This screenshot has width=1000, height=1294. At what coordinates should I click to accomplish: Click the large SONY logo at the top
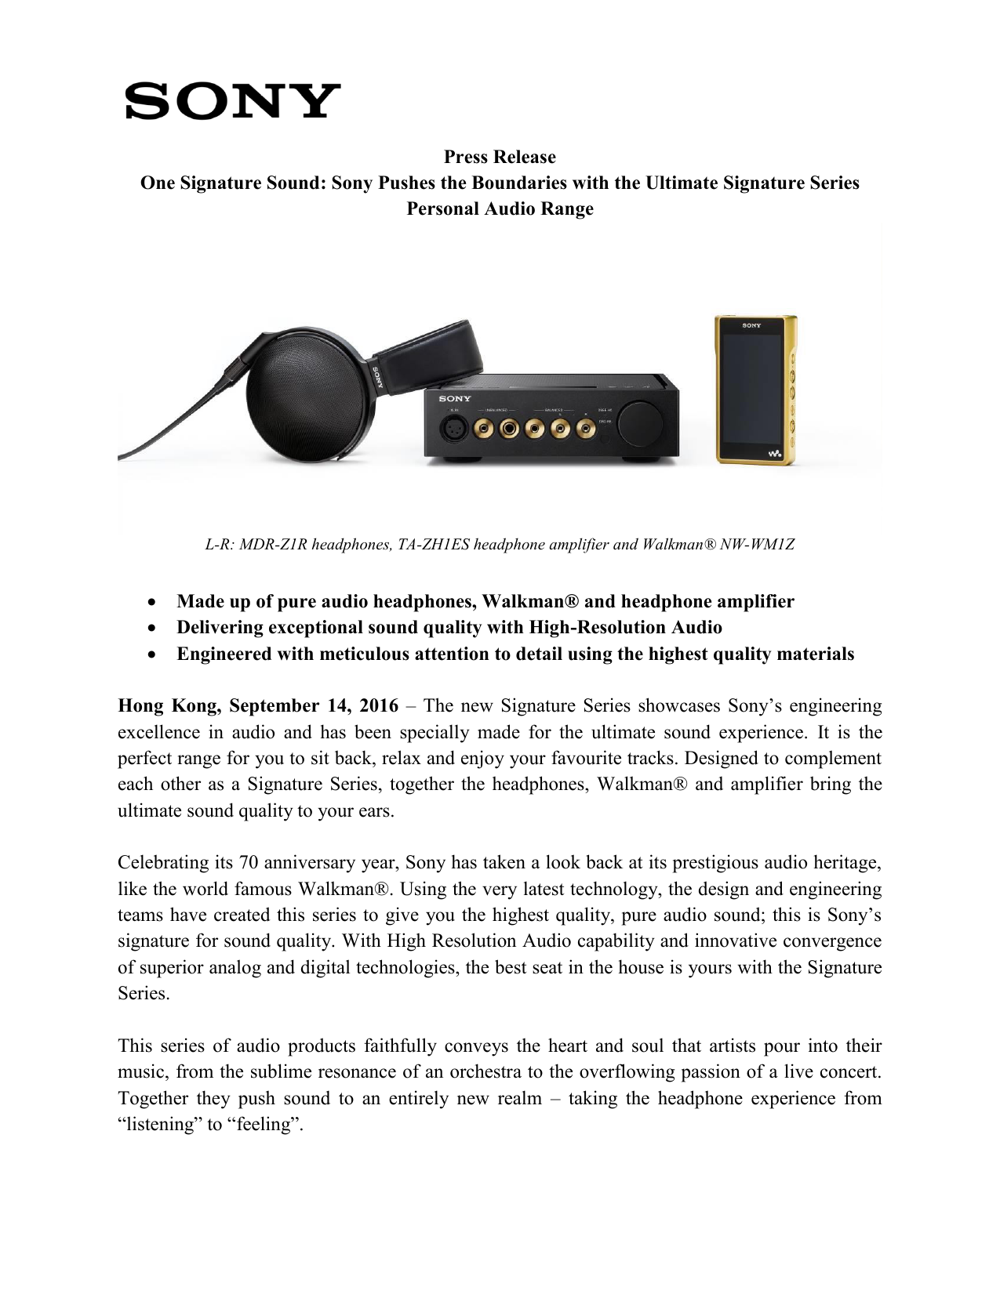(x=232, y=101)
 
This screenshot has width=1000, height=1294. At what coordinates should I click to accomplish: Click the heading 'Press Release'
(x=500, y=157)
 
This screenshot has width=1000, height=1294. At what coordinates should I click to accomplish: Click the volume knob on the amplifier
(x=639, y=423)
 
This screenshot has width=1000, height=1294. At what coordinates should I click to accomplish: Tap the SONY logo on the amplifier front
(x=455, y=399)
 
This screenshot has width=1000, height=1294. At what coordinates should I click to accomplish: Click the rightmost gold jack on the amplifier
(x=586, y=428)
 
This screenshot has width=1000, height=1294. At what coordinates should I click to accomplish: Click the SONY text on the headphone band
(x=377, y=378)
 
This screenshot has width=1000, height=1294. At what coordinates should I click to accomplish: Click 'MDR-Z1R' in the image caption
(x=273, y=545)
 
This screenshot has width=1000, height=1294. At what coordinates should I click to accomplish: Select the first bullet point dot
(x=152, y=603)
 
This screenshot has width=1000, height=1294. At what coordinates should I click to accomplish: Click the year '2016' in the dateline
(x=379, y=706)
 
